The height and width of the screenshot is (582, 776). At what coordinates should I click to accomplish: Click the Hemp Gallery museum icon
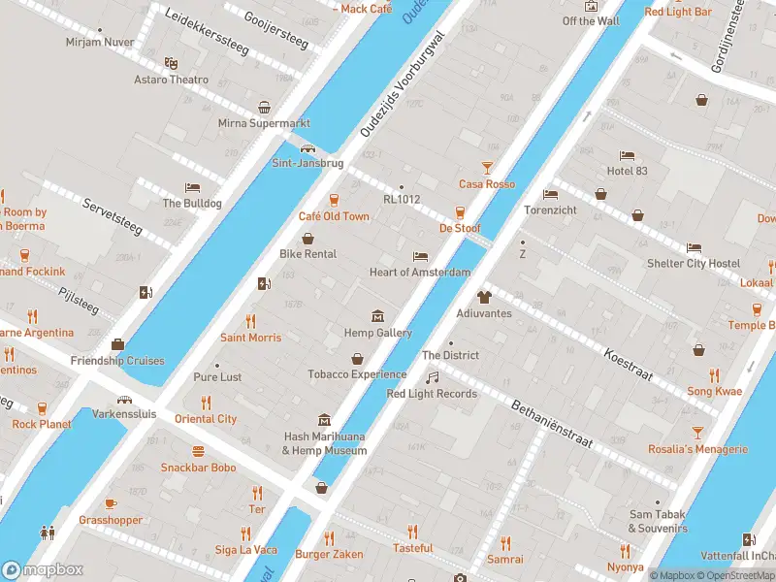(377, 316)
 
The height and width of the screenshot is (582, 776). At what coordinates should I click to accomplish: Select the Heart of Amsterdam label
(420, 273)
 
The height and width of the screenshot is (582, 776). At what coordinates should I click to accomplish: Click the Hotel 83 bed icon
(627, 155)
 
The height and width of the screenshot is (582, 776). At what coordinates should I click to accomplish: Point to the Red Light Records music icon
(433, 377)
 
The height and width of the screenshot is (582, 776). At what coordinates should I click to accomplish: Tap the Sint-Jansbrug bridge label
(307, 164)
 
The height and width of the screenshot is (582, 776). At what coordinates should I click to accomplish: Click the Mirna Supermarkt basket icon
(264, 108)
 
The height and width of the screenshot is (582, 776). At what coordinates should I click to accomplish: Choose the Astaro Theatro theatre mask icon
(171, 63)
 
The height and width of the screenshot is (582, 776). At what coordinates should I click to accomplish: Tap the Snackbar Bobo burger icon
(198, 451)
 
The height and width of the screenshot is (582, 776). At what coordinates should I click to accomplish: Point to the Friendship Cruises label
(117, 361)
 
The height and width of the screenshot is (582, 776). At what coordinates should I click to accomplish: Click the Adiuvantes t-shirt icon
(484, 298)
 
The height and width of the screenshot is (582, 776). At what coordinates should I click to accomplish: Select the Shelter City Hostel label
(694, 264)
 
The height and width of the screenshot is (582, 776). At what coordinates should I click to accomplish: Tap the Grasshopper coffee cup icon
(111, 503)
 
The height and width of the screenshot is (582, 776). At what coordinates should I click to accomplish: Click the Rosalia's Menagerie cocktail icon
(696, 433)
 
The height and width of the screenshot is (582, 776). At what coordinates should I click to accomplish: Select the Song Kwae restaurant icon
(714, 375)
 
